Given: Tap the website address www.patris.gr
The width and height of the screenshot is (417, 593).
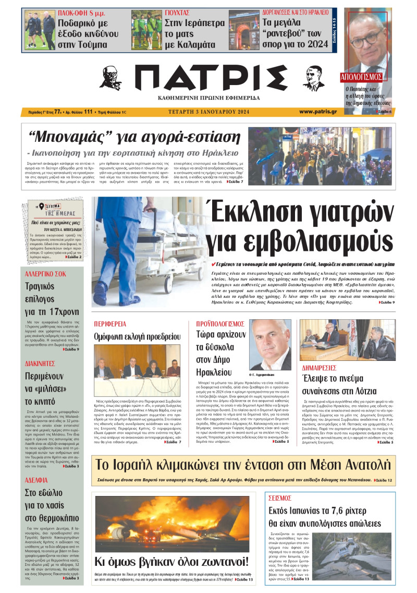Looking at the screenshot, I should point(317,112).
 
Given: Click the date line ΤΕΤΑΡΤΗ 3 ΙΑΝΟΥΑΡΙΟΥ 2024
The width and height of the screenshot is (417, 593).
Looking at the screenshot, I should point(208,112).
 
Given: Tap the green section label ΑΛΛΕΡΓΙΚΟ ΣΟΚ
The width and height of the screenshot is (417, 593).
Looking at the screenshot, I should point(45,273).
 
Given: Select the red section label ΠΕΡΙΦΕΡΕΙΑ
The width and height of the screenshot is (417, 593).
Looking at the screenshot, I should point(110,323).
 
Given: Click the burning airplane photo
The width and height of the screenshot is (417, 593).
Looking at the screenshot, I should point(171,523).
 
